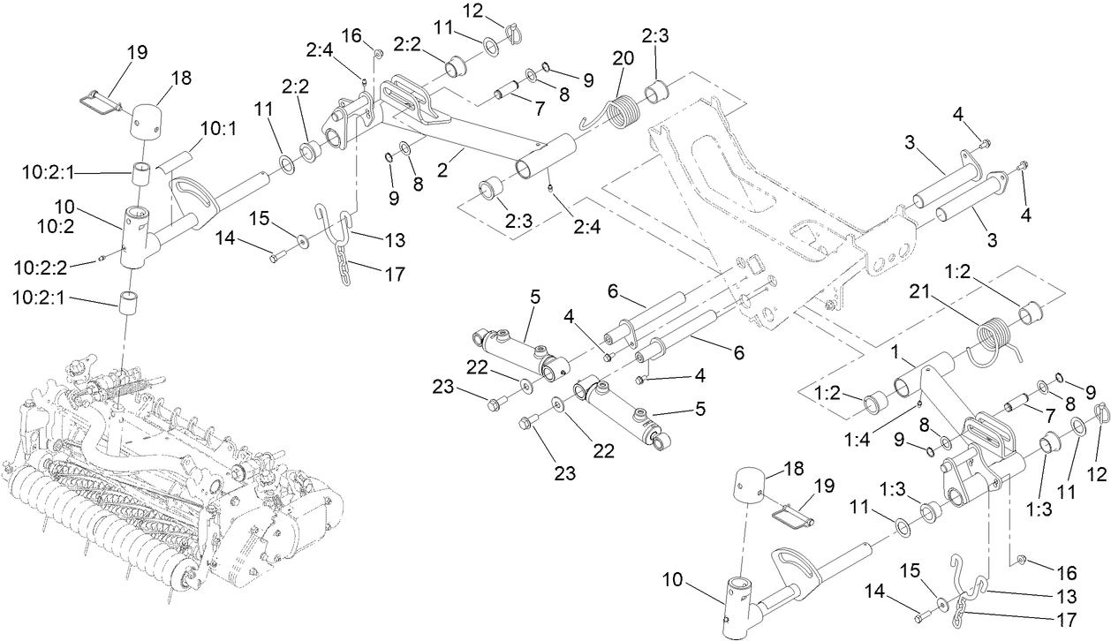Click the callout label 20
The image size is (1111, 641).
[624, 57]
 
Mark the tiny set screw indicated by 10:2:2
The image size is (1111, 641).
[102, 258]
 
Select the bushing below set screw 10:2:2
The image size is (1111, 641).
[130, 304]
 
